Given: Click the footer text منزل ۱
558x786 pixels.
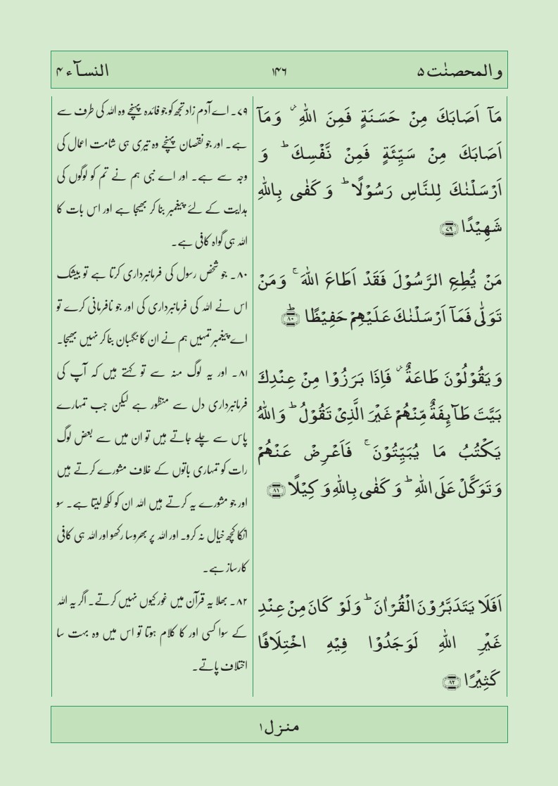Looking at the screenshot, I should (279, 726).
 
